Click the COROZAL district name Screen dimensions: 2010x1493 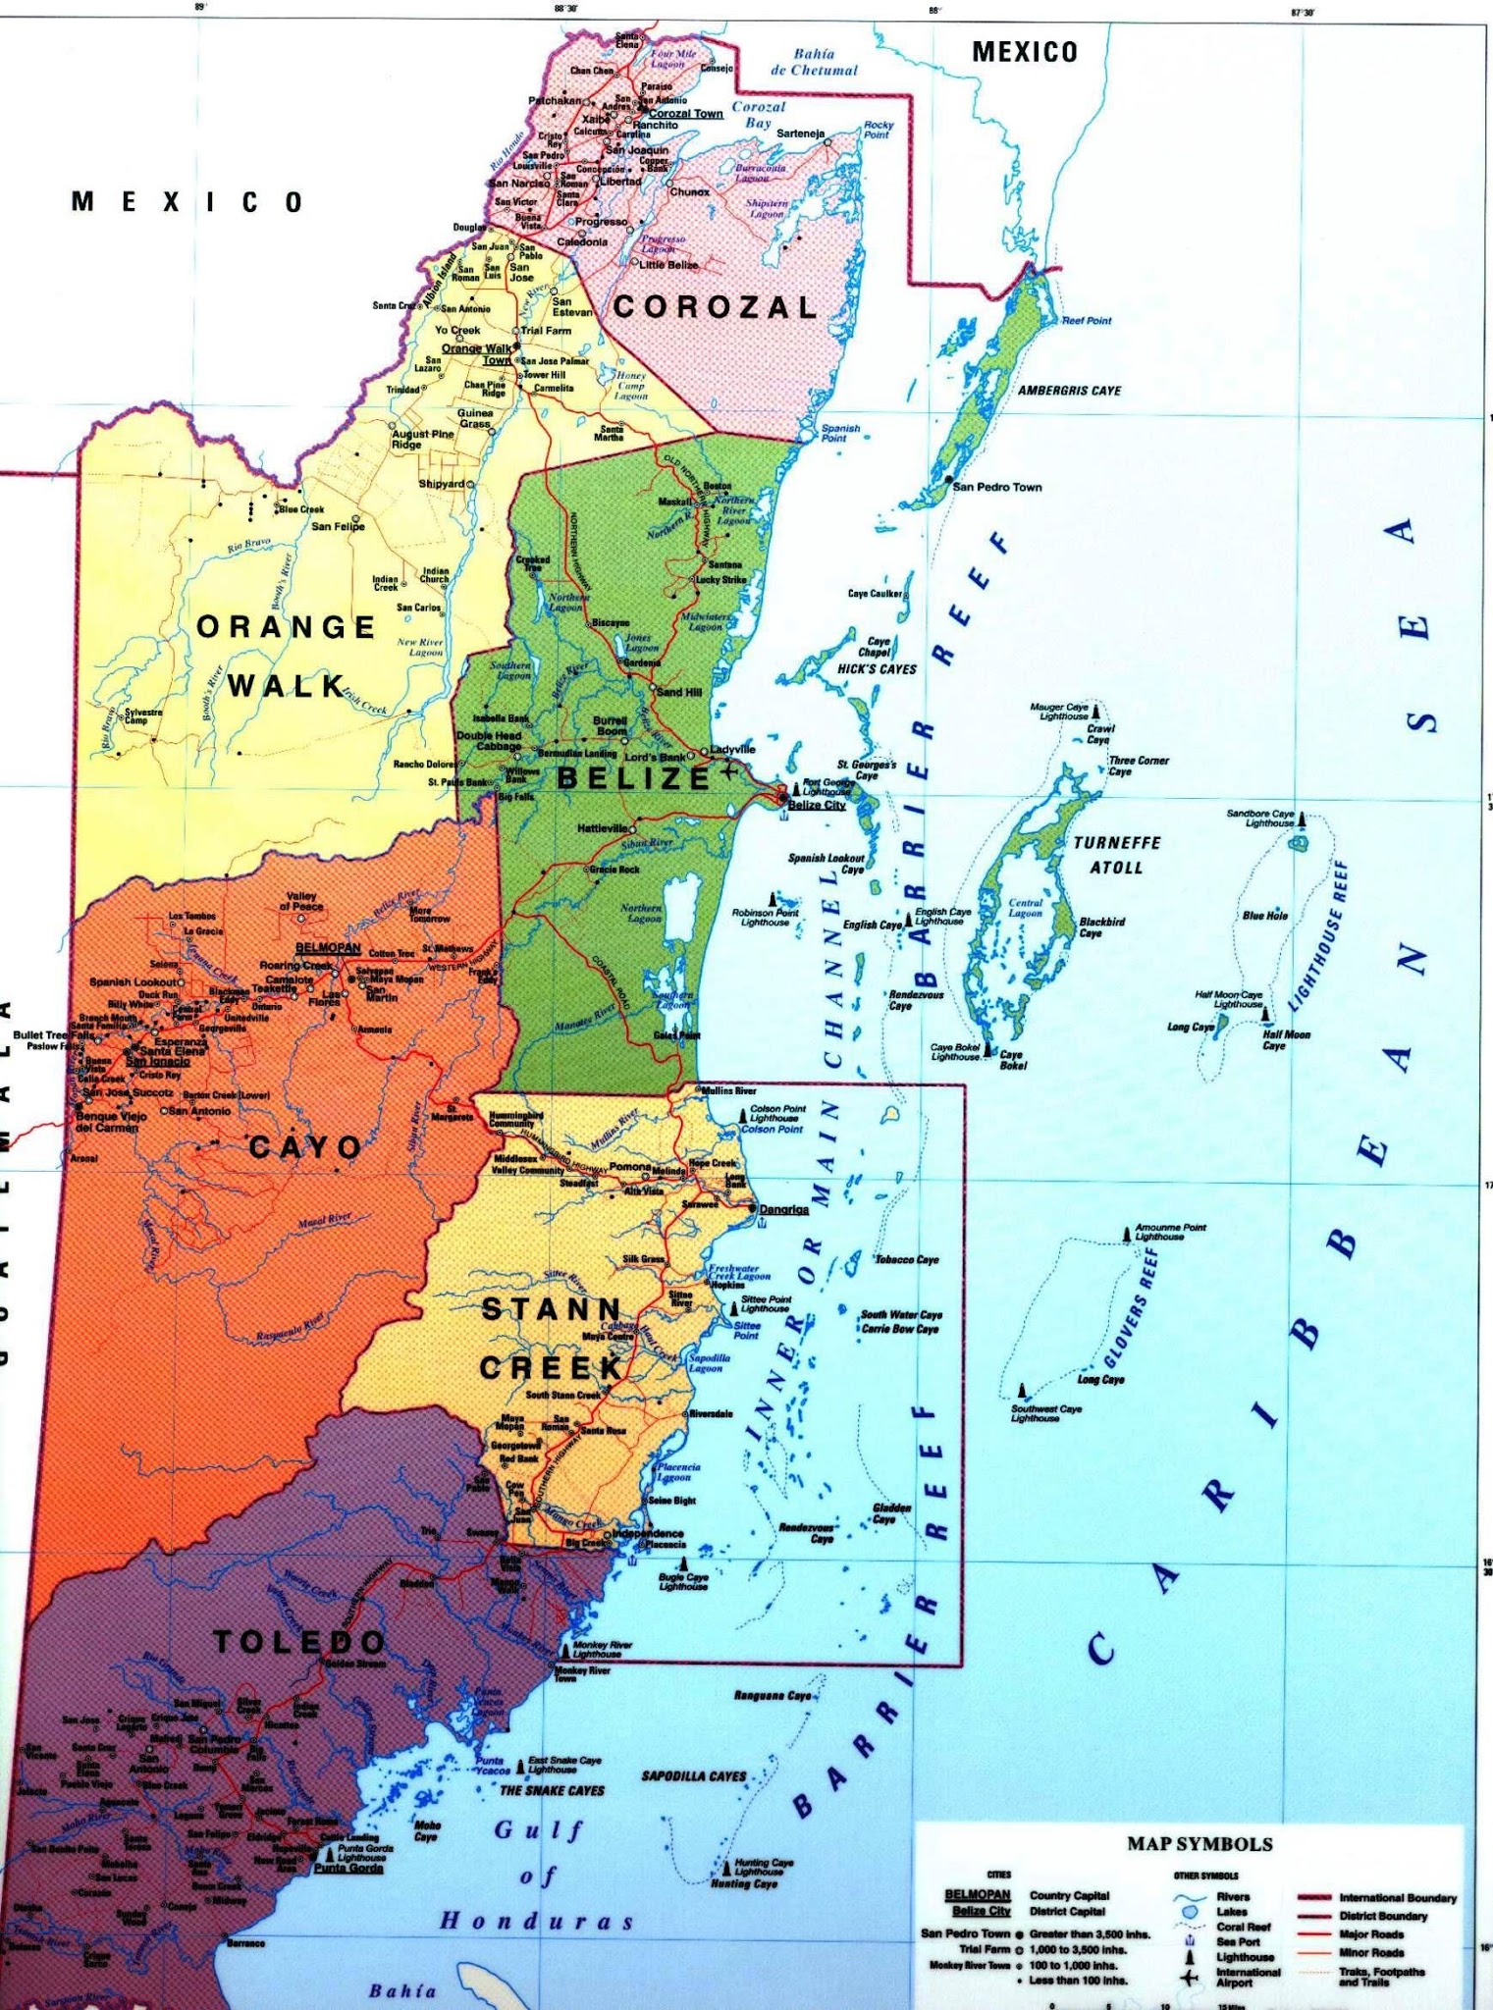716,307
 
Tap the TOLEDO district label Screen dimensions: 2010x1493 299,1641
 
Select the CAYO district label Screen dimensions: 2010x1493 305,1146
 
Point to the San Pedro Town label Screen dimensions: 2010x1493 997,487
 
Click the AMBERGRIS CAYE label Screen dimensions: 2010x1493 1069,391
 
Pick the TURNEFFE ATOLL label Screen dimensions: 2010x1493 1116,855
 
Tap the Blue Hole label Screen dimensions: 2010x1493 1265,916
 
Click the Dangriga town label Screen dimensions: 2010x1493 783,1209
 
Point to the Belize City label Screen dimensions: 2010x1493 817,805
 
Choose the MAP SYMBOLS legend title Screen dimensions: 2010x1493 1200,1844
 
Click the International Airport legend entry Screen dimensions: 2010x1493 1248,1978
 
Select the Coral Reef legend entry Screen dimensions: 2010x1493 1244,1927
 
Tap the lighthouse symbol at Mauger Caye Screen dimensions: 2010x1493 1095,711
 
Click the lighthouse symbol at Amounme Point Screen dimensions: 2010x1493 1128,1234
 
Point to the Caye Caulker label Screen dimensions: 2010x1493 875,594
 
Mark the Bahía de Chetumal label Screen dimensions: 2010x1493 814,63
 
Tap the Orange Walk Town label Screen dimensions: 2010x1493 477,353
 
